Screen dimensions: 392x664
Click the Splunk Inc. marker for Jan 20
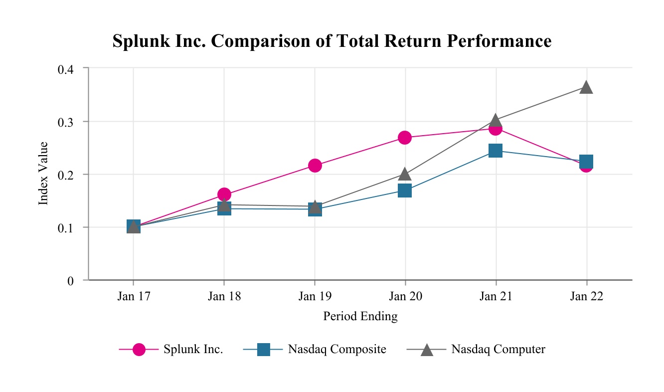coord(405,138)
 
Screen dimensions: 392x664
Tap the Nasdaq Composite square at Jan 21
coord(496,151)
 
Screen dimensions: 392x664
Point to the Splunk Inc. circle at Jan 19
coord(315,166)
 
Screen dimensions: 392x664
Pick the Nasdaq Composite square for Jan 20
coord(405,191)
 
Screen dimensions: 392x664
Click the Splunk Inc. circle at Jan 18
coord(224,195)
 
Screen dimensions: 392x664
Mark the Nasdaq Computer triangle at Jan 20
coord(405,174)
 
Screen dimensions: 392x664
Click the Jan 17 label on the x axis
coord(134,296)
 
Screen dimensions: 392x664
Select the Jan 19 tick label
coord(315,296)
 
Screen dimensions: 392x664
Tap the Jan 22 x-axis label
coord(587,296)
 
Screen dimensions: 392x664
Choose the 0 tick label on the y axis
coord(70,281)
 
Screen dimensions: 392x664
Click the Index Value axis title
coord(44,174)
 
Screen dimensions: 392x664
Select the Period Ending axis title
coord(360,316)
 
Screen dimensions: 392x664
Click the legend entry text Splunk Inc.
coord(193,349)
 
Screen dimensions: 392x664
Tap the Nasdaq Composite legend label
coord(337,349)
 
